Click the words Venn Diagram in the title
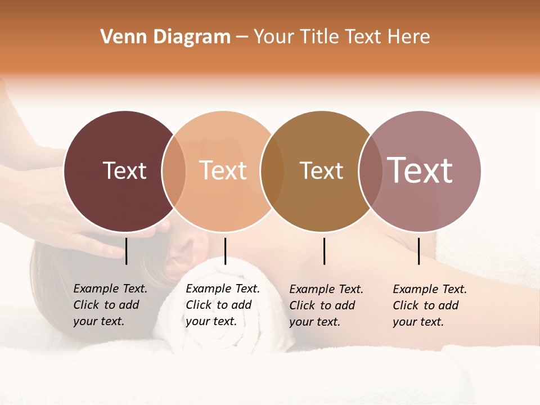click(x=165, y=37)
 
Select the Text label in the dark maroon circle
click(x=124, y=170)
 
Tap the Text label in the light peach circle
click(x=223, y=170)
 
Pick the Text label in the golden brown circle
click(x=321, y=170)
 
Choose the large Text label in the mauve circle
click(x=420, y=170)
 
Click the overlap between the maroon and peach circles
click(x=174, y=171)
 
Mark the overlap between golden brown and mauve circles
click(x=370, y=171)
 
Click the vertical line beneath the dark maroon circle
click(x=127, y=251)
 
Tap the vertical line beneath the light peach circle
click(x=225, y=251)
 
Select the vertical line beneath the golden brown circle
click(x=324, y=251)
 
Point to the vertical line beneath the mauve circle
click(x=418, y=251)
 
